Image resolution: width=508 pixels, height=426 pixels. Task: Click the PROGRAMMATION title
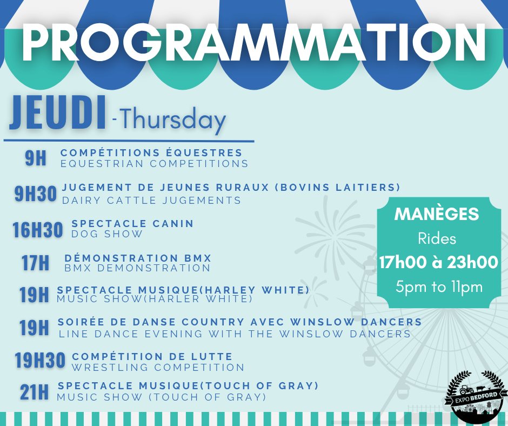pos(253,43)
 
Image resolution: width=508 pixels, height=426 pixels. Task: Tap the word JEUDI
pos(58,113)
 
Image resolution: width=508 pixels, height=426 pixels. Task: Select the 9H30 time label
pos(36,194)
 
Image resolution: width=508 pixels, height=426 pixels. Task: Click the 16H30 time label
pos(38,230)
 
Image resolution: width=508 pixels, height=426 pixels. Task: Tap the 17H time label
pos(35,263)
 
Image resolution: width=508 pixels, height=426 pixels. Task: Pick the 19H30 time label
pos(40,360)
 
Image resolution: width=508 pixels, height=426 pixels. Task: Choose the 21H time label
pos(34,392)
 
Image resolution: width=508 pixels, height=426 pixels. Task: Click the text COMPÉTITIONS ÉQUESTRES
pos(151,152)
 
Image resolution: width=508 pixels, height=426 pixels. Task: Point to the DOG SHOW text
pos(107,234)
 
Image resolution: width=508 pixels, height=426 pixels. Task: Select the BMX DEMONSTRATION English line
pos(137,268)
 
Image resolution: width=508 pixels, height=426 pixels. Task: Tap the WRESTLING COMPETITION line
pos(158,367)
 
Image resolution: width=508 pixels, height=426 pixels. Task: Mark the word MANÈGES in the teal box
pos(437,214)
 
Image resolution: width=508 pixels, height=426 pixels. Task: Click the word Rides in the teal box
pos(437,239)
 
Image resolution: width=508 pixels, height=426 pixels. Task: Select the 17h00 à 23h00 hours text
pos(438,262)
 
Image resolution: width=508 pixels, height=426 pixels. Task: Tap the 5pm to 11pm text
pos(439,287)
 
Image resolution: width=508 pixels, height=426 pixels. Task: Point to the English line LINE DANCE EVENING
pos(235,334)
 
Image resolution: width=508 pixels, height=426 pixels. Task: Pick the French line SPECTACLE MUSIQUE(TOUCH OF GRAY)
pos(188,385)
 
